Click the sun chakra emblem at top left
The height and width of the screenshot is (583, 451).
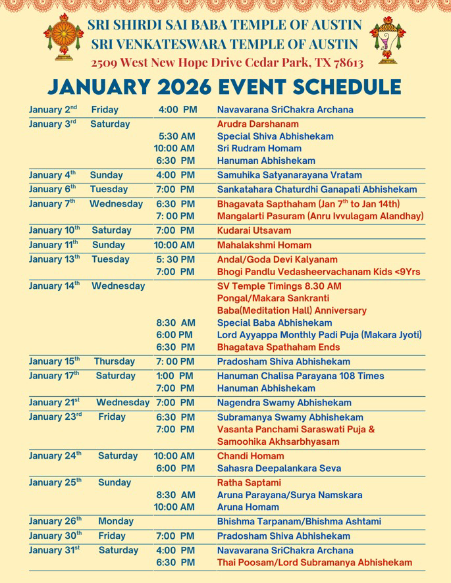pos(64,38)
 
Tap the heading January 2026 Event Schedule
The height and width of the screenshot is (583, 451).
pos(225,87)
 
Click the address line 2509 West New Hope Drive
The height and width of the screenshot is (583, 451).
pos(227,63)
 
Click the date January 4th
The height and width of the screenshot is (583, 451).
pos(53,176)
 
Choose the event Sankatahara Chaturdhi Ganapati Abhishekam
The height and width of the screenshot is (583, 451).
pos(317,190)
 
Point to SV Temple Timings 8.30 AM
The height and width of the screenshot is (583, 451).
pos(279,286)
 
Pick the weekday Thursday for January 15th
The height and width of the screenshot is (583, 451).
pos(114,362)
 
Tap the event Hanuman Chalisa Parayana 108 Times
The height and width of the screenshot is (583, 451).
pos(301,376)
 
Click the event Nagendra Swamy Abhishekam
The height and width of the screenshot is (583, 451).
pos(284,403)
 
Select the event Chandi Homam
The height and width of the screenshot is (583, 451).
pos(251,456)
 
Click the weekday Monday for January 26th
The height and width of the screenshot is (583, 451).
pos(115,522)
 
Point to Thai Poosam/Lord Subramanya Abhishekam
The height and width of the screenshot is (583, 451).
pos(315,563)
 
